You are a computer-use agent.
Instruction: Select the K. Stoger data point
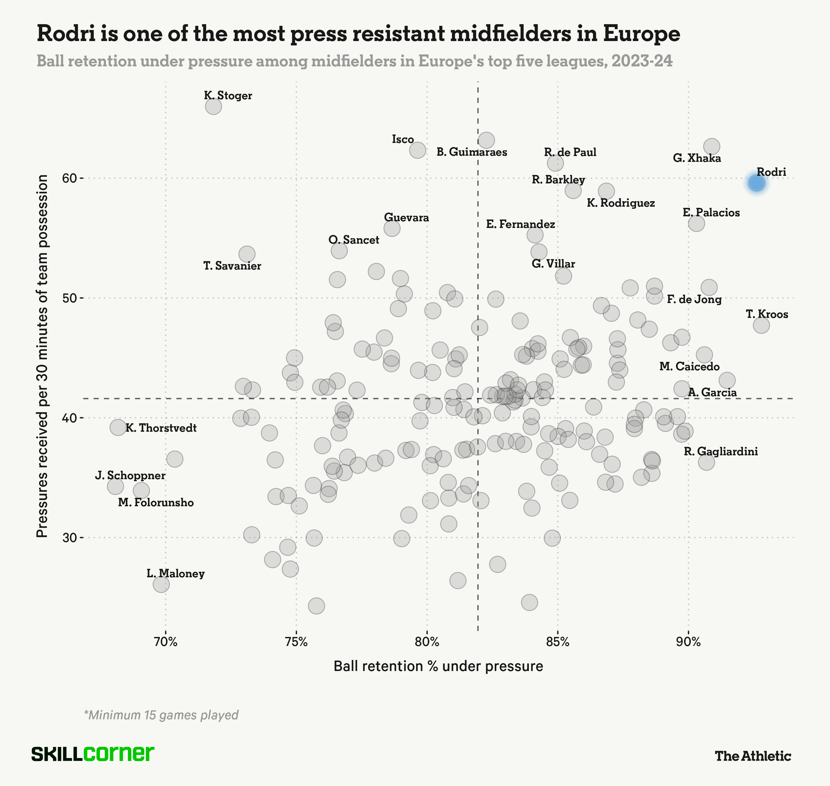[213, 107]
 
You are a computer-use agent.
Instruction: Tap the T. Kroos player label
[767, 314]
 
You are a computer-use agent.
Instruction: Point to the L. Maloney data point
[161, 584]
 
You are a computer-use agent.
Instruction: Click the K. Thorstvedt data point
[118, 427]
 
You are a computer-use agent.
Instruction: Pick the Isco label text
[403, 139]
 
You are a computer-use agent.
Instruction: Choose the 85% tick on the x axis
[557, 642]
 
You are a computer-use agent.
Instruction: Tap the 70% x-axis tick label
[166, 642]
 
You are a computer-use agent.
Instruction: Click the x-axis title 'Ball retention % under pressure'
[438, 666]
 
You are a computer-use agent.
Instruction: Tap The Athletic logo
[753, 756]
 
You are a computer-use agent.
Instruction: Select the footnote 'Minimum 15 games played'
[161, 715]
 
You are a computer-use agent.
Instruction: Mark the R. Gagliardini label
[720, 452]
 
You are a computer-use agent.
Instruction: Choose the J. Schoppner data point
[115, 486]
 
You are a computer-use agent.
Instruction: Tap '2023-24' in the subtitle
[642, 61]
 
